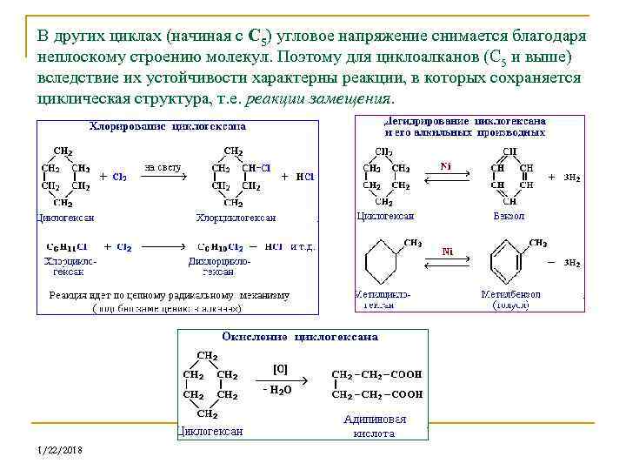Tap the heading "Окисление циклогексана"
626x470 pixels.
300,336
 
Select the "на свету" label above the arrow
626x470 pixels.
163,166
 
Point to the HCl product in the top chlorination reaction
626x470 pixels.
305,176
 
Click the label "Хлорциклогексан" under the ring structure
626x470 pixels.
236,218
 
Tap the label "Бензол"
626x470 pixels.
509,216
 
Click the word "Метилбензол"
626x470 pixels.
510,294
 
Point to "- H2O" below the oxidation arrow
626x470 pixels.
278,390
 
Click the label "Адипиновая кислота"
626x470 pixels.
375,426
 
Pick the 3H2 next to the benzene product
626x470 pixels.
572,178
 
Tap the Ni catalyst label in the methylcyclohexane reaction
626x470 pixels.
448,252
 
